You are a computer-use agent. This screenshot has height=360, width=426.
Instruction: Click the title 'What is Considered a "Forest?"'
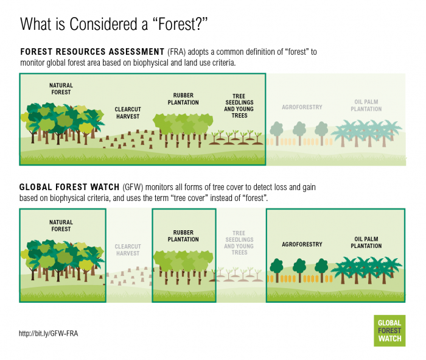[x=114, y=24]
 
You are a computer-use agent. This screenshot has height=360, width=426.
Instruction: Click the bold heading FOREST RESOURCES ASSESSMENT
[x=93, y=52]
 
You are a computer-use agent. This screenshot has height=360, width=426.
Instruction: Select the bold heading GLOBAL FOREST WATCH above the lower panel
[x=69, y=187]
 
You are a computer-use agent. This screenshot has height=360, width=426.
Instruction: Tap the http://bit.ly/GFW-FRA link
[x=48, y=333]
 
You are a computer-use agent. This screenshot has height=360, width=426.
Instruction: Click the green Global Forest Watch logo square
[x=389, y=331]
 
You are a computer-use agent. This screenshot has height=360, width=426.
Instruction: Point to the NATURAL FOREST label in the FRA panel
[x=61, y=89]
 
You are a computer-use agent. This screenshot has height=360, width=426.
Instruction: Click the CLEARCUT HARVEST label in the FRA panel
[x=128, y=113]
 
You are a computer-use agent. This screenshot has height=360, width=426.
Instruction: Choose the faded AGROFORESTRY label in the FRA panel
[x=302, y=107]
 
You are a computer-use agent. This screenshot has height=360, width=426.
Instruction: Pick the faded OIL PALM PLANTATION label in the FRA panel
[x=366, y=105]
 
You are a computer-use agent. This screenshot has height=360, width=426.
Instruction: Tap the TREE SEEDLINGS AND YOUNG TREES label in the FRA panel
[x=239, y=106]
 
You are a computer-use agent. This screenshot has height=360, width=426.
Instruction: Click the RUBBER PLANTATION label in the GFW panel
[x=183, y=236]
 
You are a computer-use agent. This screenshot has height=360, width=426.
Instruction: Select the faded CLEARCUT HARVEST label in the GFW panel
[x=128, y=250]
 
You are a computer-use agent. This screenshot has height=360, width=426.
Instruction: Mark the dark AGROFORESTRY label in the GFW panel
[x=302, y=244]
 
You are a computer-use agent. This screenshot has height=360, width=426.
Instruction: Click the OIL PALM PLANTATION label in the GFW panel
[x=366, y=242]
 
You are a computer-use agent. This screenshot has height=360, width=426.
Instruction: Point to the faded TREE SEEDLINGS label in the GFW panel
[x=239, y=243]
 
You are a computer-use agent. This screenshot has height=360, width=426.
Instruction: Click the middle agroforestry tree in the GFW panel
[x=299, y=269]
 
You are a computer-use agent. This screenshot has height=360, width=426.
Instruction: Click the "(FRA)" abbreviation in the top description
[x=176, y=52]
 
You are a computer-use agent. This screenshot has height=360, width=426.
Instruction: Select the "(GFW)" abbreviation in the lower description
[x=133, y=187]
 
